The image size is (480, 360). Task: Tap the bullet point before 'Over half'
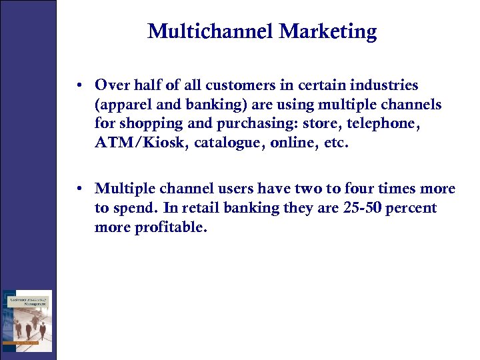tap(79, 85)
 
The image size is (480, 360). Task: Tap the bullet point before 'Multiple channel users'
tap(79, 189)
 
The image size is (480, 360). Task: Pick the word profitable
tap(172, 227)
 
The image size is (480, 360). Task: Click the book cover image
tap(27, 321)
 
